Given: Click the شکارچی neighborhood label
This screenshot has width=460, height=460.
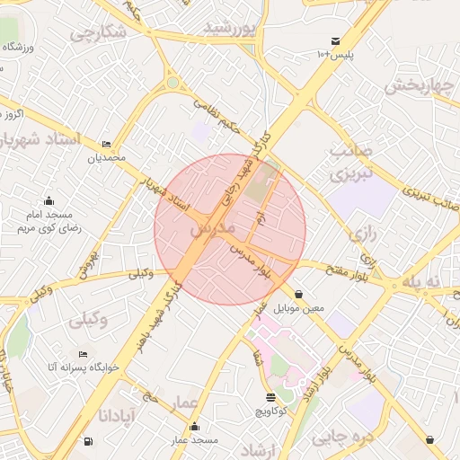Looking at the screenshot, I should [98, 34].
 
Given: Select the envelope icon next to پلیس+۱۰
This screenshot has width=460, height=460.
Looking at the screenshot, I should [335, 41].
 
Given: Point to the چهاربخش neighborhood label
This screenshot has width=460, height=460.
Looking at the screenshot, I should [415, 85].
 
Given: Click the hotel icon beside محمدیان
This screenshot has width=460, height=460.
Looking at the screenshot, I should [107, 144].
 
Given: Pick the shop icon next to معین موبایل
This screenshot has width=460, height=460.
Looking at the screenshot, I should [298, 294].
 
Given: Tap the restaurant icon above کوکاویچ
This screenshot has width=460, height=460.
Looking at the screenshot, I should [271, 396].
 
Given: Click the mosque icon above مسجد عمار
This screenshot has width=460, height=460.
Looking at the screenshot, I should [195, 426].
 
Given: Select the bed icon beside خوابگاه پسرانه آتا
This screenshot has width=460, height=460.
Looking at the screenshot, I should [84, 354].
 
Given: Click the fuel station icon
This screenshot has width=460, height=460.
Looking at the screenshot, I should [87, 441].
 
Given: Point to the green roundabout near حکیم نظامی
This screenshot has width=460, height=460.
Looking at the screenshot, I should [172, 84].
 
